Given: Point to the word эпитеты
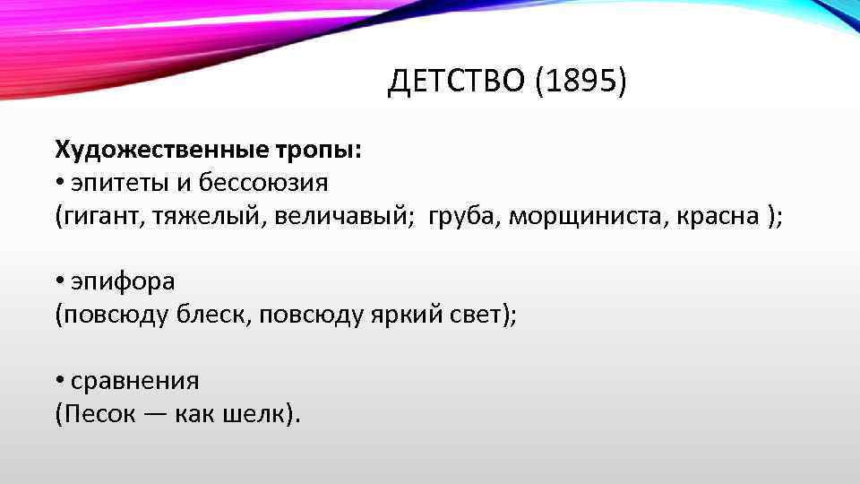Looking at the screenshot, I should pyautogui.click(x=114, y=183).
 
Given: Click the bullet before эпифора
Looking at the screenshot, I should pyautogui.click(x=57, y=281).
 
